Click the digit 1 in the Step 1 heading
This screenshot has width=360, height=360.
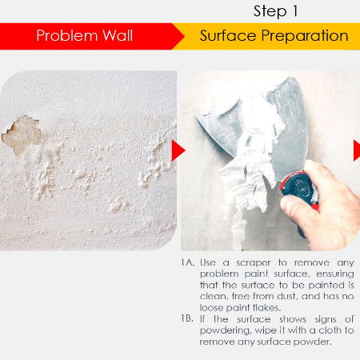(x=294, y=11)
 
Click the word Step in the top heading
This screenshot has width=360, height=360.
(x=270, y=12)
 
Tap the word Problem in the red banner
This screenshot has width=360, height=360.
(x=67, y=35)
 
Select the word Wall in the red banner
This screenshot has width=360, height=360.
(x=118, y=35)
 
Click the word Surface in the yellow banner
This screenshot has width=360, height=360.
(x=228, y=36)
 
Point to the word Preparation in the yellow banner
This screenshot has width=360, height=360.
(x=305, y=36)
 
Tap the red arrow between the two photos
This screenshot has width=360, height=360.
(x=178, y=150)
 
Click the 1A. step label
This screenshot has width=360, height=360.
(x=188, y=262)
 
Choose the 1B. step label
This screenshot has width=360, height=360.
(x=187, y=318)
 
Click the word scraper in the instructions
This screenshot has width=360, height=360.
(x=254, y=263)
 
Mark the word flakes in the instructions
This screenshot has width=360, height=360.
(x=266, y=308)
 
